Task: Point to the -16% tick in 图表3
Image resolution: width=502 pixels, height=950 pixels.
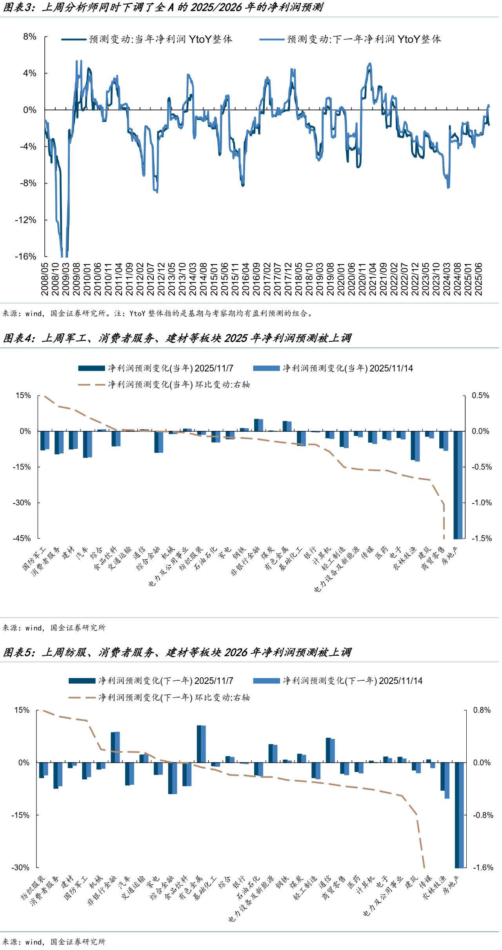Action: click(x=25, y=257)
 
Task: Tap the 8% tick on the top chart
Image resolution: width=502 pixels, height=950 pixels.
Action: click(x=29, y=37)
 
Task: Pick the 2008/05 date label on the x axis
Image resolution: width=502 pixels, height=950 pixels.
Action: click(x=45, y=279)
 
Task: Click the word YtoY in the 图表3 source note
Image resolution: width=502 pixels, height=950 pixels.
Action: click(x=137, y=314)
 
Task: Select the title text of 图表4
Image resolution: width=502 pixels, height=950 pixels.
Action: click(x=177, y=338)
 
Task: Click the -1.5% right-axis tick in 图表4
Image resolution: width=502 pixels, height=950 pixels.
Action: click(x=481, y=538)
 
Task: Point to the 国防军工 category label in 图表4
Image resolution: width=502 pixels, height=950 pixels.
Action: click(x=35, y=559)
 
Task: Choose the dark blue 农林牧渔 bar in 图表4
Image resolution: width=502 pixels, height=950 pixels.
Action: click(x=413, y=445)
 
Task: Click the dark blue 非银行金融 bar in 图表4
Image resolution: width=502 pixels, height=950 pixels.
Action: click(x=256, y=425)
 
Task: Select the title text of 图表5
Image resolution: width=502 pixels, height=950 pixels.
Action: click(x=177, y=652)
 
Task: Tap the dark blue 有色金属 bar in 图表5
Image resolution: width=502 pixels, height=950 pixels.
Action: click(x=199, y=744)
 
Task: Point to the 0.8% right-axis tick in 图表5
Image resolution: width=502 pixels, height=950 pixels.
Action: click(x=482, y=710)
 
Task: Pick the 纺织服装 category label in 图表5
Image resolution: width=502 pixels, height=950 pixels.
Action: click(x=33, y=888)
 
